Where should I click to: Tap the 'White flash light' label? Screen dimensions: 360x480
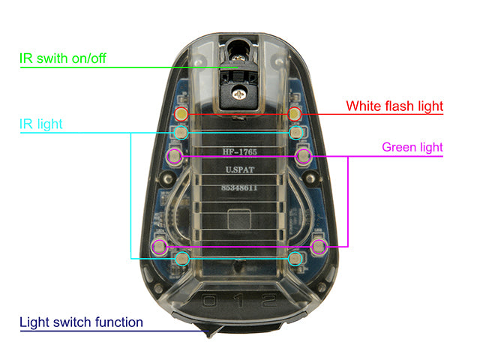394,106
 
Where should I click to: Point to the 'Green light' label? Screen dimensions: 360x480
412,147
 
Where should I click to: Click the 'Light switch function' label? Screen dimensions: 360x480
81,322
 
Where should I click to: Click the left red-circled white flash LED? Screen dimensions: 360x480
181,114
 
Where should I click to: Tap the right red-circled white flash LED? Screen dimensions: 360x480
295,114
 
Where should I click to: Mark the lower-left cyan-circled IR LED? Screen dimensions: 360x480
181,259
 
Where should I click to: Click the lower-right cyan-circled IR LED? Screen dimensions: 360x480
297,259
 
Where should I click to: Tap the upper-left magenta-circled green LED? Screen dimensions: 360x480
175,156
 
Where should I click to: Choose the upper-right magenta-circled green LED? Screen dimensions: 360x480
304,156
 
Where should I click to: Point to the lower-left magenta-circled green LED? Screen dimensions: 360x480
159,246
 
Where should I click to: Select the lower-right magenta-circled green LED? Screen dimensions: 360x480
319,246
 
